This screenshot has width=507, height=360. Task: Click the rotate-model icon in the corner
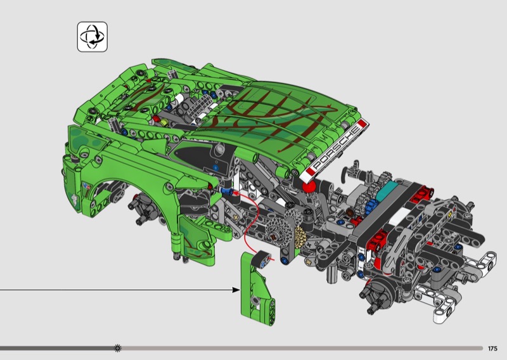pos(92,37)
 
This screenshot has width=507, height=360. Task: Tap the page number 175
pos(492,349)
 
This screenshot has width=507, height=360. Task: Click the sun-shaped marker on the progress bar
pos(118,348)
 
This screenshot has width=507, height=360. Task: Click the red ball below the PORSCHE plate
pos(309,187)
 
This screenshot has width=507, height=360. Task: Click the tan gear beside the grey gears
pos(299,237)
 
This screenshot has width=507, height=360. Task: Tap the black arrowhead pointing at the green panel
pos(236,290)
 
